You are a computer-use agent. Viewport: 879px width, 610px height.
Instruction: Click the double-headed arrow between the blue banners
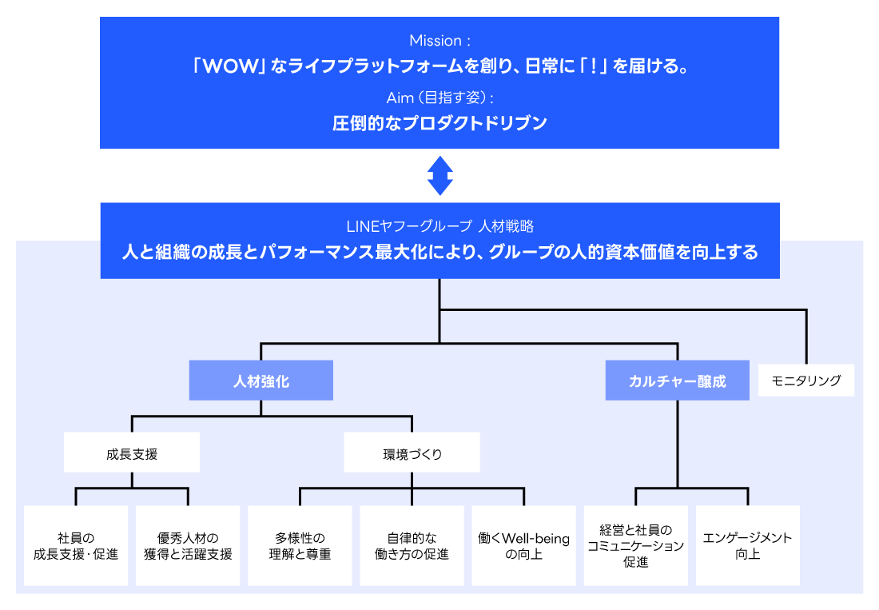point(439,175)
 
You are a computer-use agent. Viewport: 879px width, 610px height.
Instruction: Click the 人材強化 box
point(261,381)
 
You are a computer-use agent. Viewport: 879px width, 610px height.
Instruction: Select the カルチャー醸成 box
point(677,381)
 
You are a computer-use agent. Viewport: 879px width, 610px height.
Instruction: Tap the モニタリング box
point(805,381)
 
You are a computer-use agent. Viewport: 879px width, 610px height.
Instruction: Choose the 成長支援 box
point(132,453)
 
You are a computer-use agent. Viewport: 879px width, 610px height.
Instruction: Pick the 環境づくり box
point(412,453)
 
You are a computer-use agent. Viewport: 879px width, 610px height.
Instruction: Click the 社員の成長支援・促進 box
point(76,546)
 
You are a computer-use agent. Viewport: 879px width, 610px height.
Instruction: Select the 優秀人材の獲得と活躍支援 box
point(188,546)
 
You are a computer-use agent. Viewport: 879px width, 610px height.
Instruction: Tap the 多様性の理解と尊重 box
point(300,546)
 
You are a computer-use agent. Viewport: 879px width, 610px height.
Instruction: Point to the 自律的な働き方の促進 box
point(412,546)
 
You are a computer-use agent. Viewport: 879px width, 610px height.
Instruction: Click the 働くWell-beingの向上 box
point(523,546)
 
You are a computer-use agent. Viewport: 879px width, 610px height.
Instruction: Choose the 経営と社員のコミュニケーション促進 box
point(635,546)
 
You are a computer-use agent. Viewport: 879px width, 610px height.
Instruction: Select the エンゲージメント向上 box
point(747,546)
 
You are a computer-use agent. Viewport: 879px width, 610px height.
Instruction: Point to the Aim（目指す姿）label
point(439,97)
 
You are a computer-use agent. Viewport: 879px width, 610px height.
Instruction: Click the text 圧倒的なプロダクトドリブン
point(439,123)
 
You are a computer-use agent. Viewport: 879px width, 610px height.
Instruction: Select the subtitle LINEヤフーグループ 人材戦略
point(439,226)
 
